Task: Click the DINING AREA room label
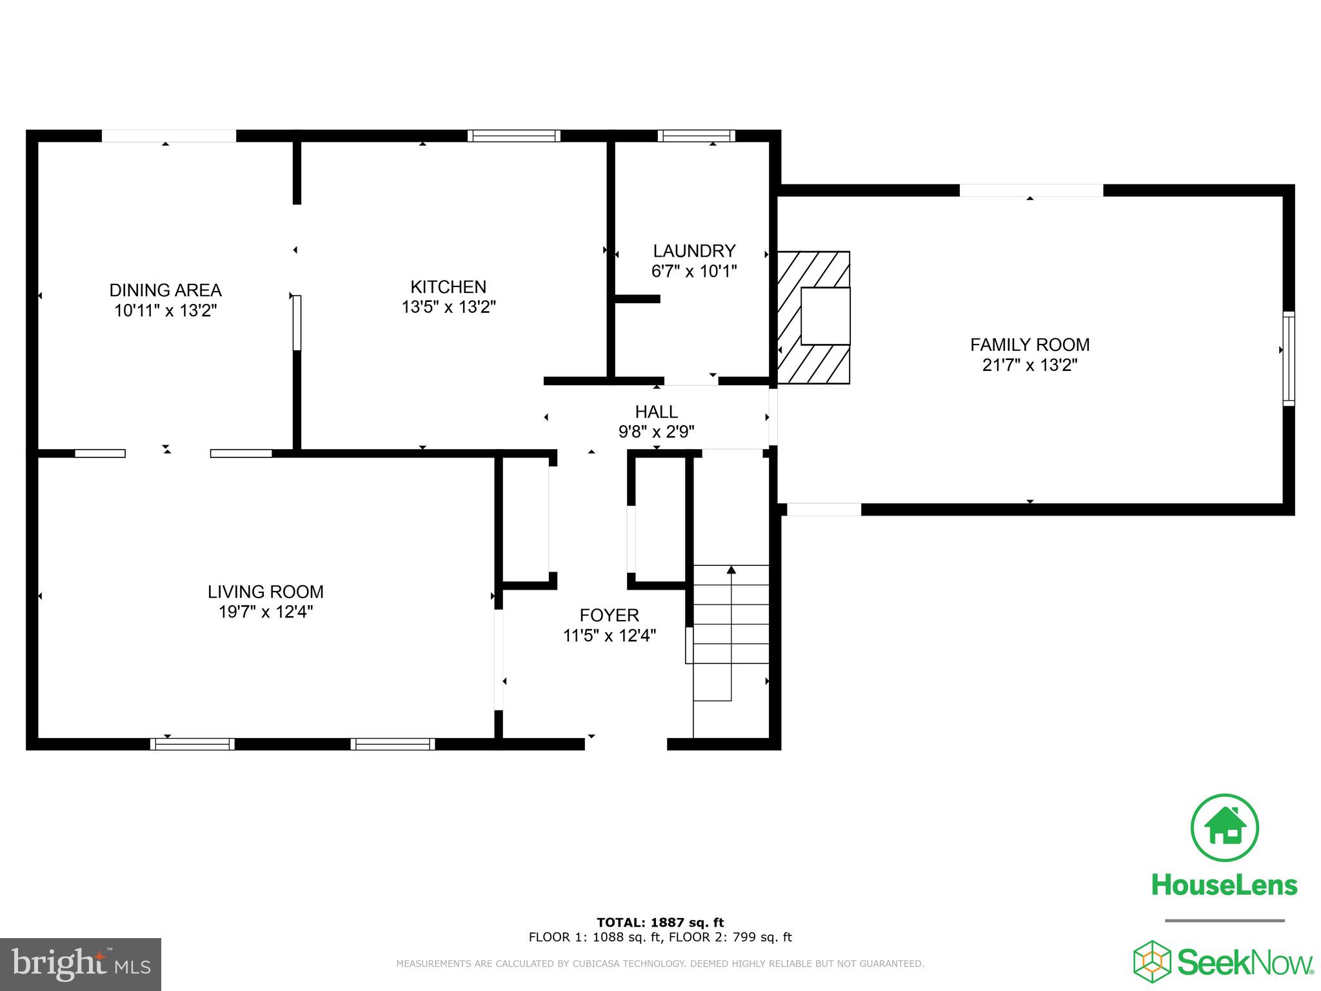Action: click(x=165, y=290)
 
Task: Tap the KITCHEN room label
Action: click(x=448, y=287)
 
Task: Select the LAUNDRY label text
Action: click(x=694, y=251)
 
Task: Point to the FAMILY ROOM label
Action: click(x=1029, y=345)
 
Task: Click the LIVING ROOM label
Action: click(x=265, y=592)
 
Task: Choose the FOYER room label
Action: click(x=609, y=616)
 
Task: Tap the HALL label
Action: click(x=656, y=412)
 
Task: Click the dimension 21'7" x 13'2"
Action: click(x=1029, y=365)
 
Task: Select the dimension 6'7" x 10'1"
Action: click(x=694, y=271)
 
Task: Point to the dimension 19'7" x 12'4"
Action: click(x=265, y=612)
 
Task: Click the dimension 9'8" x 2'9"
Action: click(x=656, y=432)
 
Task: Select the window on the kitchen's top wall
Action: click(x=513, y=135)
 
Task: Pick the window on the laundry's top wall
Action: click(x=696, y=135)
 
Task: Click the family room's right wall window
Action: click(x=1288, y=358)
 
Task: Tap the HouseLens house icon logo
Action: click(x=1224, y=828)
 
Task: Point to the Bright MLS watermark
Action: click(x=81, y=964)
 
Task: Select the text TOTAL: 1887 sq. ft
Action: click(x=660, y=923)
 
